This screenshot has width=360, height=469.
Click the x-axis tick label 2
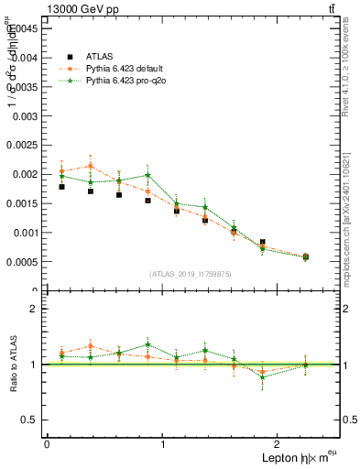[x=280, y=444]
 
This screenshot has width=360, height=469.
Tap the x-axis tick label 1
[x=163, y=444]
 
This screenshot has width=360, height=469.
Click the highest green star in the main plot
[x=147, y=175]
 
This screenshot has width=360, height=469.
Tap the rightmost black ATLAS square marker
[x=305, y=257]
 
